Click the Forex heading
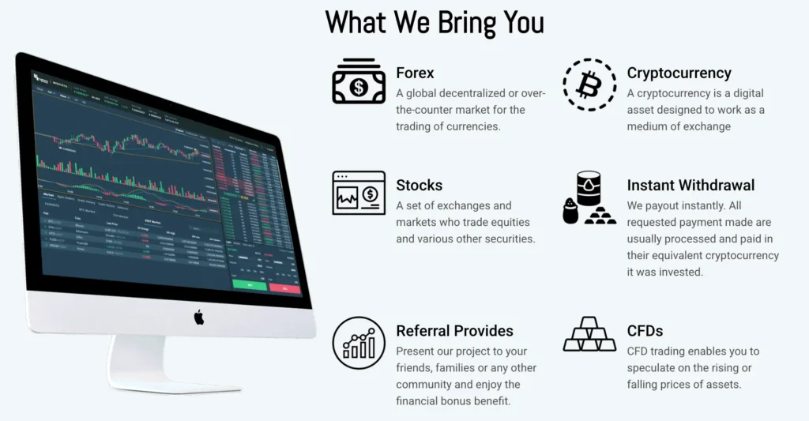click(x=415, y=73)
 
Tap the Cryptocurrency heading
click(x=679, y=73)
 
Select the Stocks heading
click(x=419, y=186)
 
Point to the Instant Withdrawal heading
click(x=690, y=186)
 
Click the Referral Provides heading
click(x=454, y=331)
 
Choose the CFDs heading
click(x=645, y=331)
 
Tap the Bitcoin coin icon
click(x=589, y=84)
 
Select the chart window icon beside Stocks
click(x=359, y=194)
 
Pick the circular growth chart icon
click(x=359, y=343)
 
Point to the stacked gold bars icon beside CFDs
click(x=589, y=336)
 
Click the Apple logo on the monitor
click(x=199, y=317)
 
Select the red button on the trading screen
click(x=284, y=288)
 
